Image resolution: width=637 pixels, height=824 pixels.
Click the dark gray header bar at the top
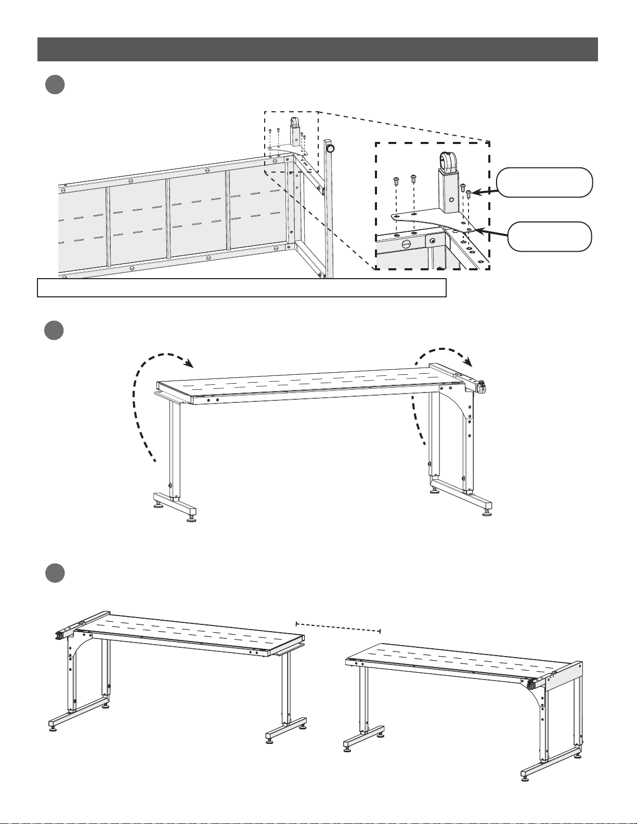317,49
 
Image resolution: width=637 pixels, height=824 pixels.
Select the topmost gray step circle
55,85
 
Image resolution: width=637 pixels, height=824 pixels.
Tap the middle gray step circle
55,331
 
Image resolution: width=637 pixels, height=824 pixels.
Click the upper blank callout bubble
544,182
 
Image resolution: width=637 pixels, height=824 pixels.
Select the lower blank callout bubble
549,237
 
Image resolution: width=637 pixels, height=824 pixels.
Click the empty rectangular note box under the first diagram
242,287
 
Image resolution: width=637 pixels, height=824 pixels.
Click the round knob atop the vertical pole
330,148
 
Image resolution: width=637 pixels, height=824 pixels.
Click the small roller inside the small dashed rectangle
295,124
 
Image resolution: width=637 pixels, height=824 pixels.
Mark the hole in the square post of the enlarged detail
451,199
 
